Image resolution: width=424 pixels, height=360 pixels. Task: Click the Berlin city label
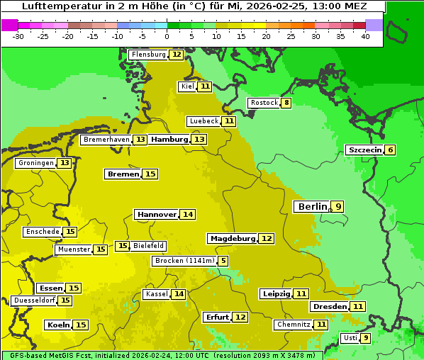coord(312,207)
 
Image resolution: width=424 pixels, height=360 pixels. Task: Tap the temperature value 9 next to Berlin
coord(338,207)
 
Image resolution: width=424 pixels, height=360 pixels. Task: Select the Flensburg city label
coord(148,55)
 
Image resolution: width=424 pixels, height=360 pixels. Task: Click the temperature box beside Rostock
coord(286,103)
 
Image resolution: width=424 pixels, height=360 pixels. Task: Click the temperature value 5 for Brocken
coord(223,261)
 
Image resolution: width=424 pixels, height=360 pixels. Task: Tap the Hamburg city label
coord(169,140)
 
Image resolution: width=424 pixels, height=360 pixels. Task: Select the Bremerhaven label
coord(106,140)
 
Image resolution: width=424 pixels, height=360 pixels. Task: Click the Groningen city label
coord(36,163)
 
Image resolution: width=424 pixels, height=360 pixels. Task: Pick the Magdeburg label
coord(232,239)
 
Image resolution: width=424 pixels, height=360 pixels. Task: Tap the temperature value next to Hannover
coord(187,215)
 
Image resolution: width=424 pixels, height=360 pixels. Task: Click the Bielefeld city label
coord(148,246)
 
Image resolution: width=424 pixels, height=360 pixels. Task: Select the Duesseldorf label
coord(34,300)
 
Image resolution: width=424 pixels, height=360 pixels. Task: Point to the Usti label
coord(350,338)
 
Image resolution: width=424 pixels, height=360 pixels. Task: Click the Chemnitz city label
coord(293,325)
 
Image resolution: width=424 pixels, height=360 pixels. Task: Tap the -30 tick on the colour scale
coord(18,36)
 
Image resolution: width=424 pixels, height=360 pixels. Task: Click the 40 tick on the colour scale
coord(365,36)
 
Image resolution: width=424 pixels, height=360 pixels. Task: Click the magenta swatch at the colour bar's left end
coord(9,25)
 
